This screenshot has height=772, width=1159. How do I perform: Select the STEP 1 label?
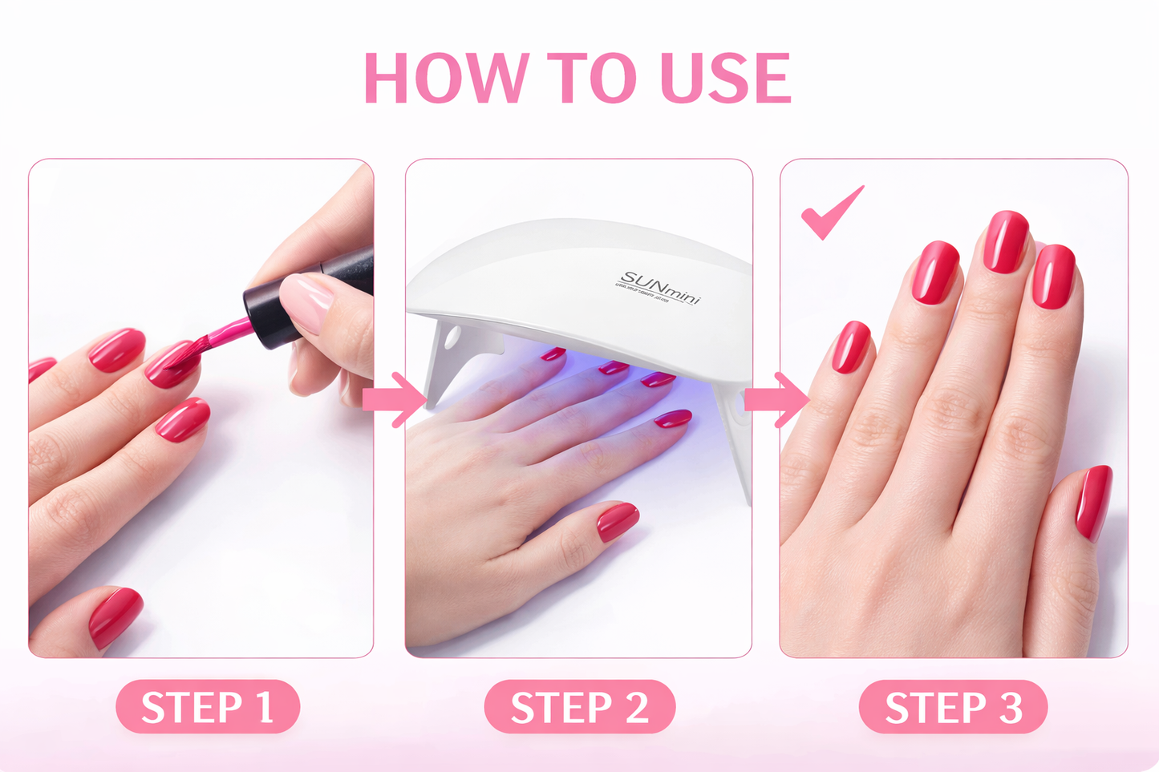tap(208, 707)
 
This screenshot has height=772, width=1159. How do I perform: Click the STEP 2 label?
tap(579, 707)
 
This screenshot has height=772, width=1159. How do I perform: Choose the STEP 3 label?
tap(953, 707)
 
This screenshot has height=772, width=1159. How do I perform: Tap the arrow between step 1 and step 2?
tap(395, 398)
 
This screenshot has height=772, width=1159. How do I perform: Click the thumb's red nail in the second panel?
tap(617, 520)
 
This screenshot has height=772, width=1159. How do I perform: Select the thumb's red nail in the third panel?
tap(1094, 503)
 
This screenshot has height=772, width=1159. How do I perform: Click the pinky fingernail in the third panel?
tap(850, 347)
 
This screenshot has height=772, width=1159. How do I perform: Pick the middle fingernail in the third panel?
tap(1006, 241)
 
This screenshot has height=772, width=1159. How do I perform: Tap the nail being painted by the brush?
tap(171, 366)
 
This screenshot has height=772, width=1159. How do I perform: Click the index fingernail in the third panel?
tap(935, 273)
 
